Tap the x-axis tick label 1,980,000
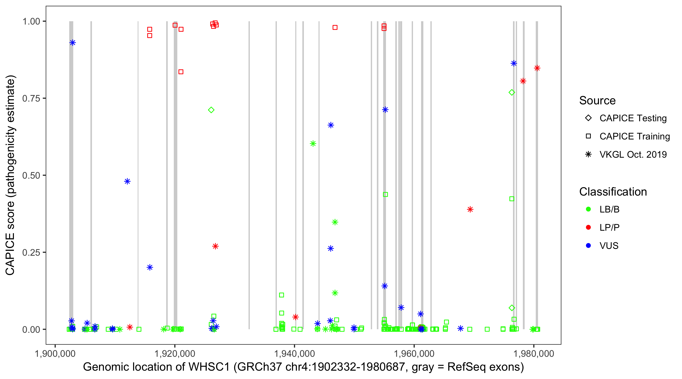coord(533,353)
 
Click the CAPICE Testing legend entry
coord(633,118)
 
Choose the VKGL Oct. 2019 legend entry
coord(633,154)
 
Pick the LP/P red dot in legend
coord(588,227)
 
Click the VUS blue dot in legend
coord(588,246)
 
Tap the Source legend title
coord(597,101)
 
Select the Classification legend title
coord(613,192)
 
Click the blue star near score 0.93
coord(72,43)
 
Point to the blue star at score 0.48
coord(127,181)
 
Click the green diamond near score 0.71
coord(211,110)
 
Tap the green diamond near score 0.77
coord(512,92)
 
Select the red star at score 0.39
coord(470,209)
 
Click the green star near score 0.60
coord(313,144)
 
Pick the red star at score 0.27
coord(215,246)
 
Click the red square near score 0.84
coord(181,72)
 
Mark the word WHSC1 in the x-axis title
coord(209,367)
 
